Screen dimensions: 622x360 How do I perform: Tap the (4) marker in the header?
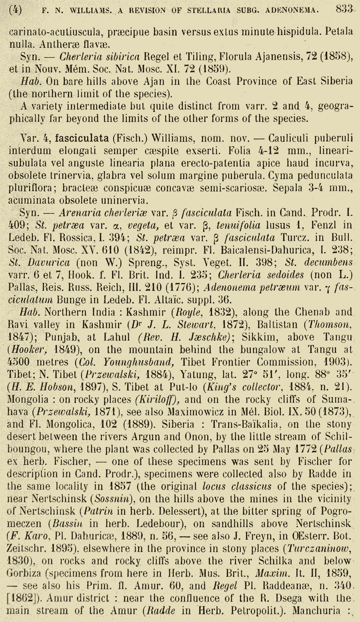tap(15, 10)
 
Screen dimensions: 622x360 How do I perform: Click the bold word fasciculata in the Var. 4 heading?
tap(82, 138)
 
